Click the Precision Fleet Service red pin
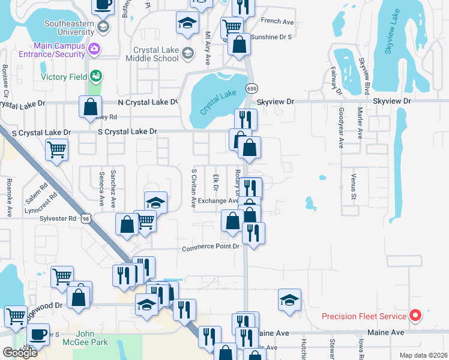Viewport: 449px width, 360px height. click(x=415, y=316)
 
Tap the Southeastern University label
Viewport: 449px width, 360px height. click(x=69, y=28)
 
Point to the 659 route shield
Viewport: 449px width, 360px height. click(x=252, y=88)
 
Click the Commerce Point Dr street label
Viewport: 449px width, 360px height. click(x=211, y=247)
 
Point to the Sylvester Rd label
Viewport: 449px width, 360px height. click(x=59, y=218)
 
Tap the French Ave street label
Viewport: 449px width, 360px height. click(x=277, y=22)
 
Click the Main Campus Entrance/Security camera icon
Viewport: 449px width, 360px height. click(x=94, y=47)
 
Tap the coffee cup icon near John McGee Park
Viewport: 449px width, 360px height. click(x=38, y=334)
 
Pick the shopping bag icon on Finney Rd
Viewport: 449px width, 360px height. click(x=90, y=107)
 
